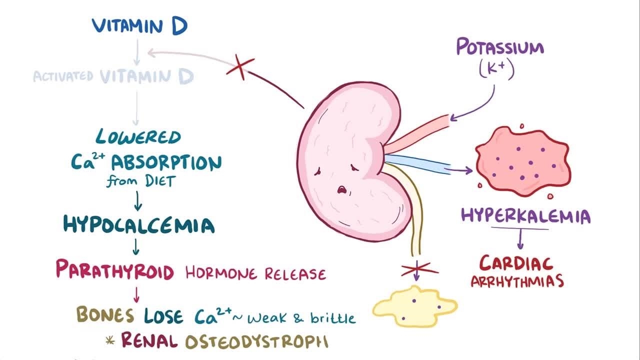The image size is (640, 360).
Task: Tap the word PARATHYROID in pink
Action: click(x=114, y=270)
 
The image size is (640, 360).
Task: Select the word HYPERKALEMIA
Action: click(x=525, y=216)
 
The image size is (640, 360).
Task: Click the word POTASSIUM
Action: click(x=499, y=48)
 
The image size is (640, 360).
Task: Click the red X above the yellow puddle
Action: click(x=419, y=270)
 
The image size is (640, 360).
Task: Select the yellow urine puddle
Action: click(x=414, y=305)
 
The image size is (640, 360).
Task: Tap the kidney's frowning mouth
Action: click(x=342, y=190)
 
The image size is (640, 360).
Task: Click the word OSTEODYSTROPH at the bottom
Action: click(x=256, y=341)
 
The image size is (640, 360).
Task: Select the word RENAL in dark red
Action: click(x=149, y=341)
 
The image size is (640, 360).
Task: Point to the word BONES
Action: click(x=105, y=314)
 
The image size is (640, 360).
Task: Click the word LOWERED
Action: click(x=138, y=137)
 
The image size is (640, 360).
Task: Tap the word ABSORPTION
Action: click(x=166, y=162)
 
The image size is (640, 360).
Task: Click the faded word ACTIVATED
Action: click(x=63, y=76)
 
